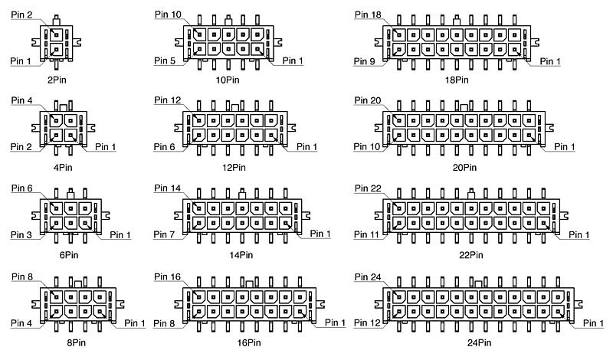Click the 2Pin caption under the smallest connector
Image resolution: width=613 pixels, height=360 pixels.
point(57,80)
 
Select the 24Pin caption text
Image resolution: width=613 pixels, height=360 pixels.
point(479,343)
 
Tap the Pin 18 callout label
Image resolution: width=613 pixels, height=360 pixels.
point(368,15)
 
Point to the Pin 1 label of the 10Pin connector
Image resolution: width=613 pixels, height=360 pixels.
point(293,61)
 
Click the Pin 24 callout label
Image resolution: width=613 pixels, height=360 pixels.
point(368,277)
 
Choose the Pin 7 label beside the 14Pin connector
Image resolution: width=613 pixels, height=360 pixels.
point(164,234)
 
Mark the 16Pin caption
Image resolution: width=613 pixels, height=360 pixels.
point(248,343)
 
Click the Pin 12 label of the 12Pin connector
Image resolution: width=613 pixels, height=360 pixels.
point(167,100)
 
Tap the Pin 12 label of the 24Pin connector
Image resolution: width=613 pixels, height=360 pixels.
point(367,323)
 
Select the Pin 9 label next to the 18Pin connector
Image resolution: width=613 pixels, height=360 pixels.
point(365,61)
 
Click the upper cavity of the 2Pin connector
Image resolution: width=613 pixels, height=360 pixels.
point(57,34)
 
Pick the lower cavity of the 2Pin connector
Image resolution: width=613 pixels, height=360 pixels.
point(57,50)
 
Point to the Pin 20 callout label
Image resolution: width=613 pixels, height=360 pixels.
point(368,100)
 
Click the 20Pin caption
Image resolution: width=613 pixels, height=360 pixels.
point(464,168)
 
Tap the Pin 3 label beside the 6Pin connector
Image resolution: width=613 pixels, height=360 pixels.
point(21,235)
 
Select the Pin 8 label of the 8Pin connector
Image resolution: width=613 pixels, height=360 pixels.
point(22,277)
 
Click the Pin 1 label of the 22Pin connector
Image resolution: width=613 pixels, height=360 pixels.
point(579,235)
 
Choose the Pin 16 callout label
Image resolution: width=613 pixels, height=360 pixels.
point(167,277)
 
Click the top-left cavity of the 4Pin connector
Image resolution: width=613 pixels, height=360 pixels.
point(57,120)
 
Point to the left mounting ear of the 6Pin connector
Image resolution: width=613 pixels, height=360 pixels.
point(36,215)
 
